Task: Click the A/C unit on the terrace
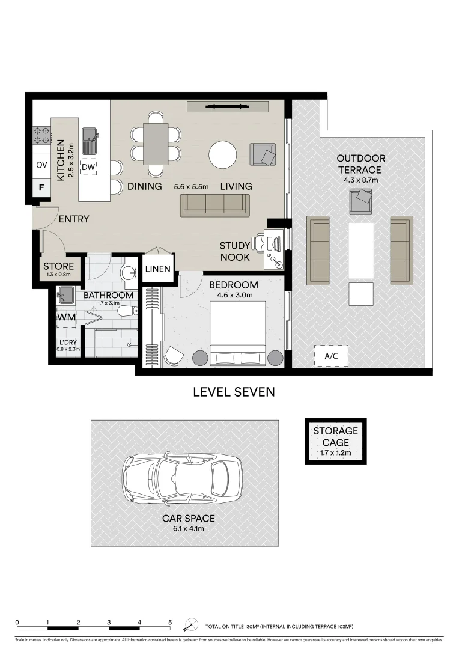[331, 355]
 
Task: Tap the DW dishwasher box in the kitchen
[88, 166]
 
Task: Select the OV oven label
[41, 165]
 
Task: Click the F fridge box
[41, 187]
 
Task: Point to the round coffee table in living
[223, 155]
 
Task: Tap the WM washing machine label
[65, 317]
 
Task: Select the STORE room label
[59, 266]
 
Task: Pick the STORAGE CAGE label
[335, 437]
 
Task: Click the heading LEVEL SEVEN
[234, 392]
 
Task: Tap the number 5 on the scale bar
[170, 623]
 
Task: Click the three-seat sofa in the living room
[215, 206]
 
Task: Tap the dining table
[156, 143]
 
